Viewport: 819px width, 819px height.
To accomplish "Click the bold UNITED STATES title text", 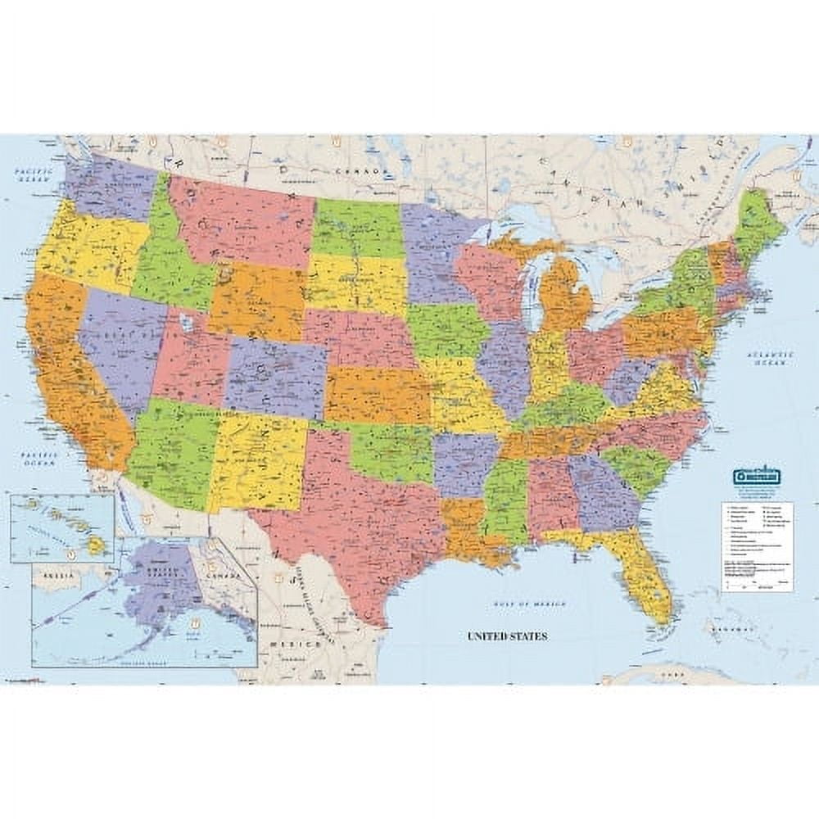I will [x=507, y=636].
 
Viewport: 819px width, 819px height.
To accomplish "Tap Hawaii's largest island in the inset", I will [x=97, y=543].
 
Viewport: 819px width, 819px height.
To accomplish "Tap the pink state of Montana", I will [x=242, y=217].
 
